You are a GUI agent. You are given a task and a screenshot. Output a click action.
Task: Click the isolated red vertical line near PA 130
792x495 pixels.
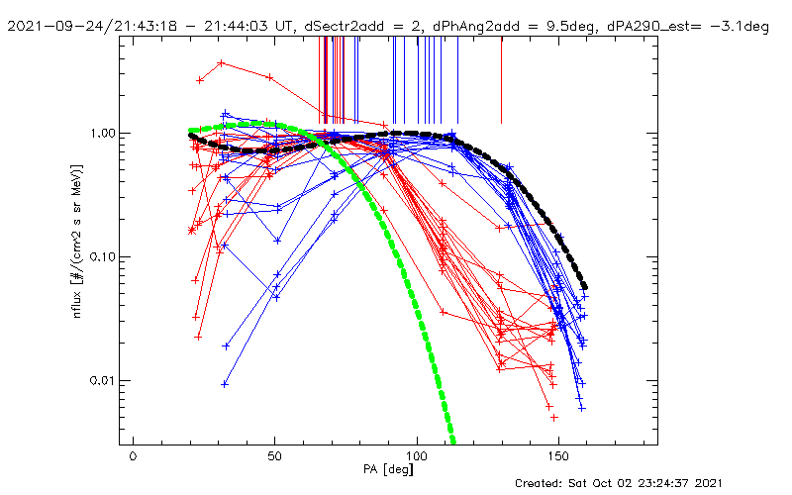coord(502,79)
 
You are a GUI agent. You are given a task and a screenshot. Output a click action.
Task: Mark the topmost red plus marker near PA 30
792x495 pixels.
coord(221,63)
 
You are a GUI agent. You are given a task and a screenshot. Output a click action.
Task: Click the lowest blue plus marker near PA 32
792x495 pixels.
coord(225,384)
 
